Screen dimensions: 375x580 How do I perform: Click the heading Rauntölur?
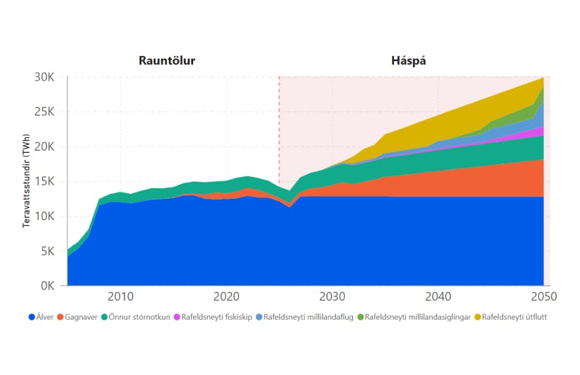click(x=167, y=61)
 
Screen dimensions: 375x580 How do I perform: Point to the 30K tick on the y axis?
click(x=52, y=77)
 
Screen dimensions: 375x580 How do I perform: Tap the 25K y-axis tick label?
click(x=52, y=112)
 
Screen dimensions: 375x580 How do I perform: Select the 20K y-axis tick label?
click(x=52, y=147)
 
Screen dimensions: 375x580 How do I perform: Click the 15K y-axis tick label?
click(x=52, y=182)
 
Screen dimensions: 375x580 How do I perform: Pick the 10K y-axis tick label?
click(x=52, y=217)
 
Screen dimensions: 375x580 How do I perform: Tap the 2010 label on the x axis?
click(x=120, y=296)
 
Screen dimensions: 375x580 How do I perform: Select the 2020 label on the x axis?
click(x=226, y=296)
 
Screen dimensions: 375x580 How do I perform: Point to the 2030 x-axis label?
click(x=332, y=296)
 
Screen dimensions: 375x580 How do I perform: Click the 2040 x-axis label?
click(x=438, y=296)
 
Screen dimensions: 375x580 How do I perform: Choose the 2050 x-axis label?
click(x=543, y=296)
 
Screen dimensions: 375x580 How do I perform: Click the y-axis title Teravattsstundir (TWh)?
click(x=26, y=182)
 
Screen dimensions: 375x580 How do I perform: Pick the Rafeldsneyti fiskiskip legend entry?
click(x=213, y=317)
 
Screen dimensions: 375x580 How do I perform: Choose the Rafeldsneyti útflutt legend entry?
click(x=511, y=317)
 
